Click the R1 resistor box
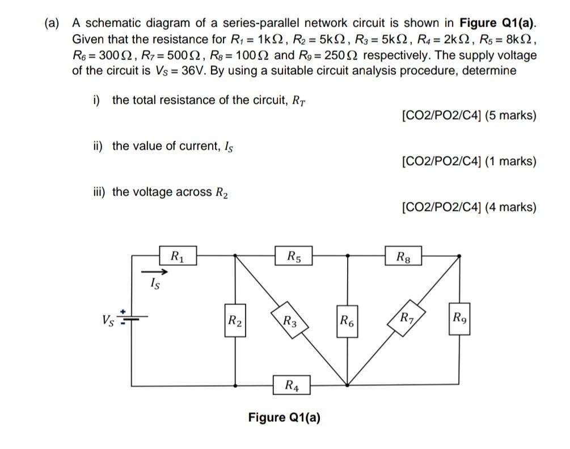coord(178,255)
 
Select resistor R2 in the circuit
coord(235,324)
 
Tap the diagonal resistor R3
coord(290,323)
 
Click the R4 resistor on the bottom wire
coord(290,387)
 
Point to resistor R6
coord(347,324)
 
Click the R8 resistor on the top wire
coord(404,255)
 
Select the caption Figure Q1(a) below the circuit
coord(284,418)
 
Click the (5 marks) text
coord(510,116)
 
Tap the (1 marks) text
coord(510,162)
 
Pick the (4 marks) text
coord(510,207)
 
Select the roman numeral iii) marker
coord(101,192)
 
